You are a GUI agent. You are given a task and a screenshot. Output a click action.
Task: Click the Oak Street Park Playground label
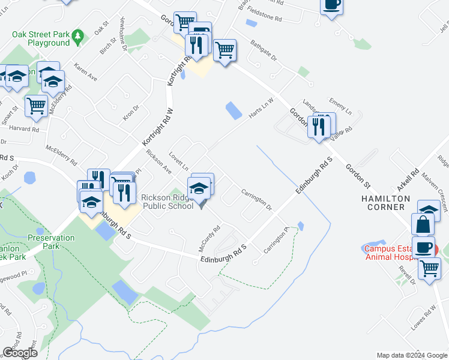tap(40, 38)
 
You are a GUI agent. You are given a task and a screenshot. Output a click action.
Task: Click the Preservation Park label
tap(51, 242)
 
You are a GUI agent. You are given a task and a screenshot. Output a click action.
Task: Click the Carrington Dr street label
tap(256, 200)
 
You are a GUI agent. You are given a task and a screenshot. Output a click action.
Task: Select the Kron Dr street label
tap(131, 112)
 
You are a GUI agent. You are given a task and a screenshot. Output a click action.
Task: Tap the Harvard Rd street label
tap(23, 128)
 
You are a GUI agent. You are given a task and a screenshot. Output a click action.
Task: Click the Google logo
tap(20, 352)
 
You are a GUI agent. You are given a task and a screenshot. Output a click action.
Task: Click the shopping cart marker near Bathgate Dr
tap(224, 51)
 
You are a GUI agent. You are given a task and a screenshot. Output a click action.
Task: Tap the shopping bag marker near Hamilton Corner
tap(423, 224)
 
